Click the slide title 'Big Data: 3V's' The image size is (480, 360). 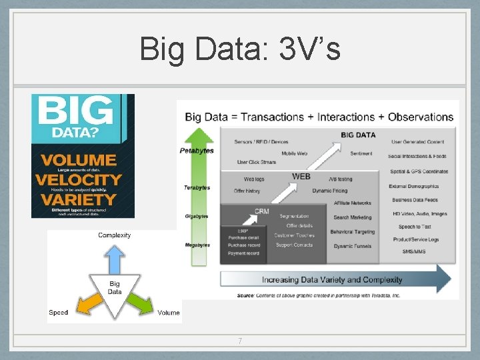pyautogui.click(x=240, y=49)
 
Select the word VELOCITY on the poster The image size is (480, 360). pyautogui.click(x=79, y=179)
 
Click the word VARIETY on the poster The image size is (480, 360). pyautogui.click(x=77, y=199)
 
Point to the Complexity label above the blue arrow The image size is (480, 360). pyautogui.click(x=115, y=235)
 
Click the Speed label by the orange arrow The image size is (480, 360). pyautogui.click(x=59, y=313)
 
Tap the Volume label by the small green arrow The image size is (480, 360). pyautogui.click(x=169, y=313)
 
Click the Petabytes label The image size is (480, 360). pyautogui.click(x=197, y=151)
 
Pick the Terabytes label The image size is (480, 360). pyautogui.click(x=197, y=188)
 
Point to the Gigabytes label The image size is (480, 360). pyautogui.click(x=197, y=217)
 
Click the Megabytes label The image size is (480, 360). pyautogui.click(x=197, y=245)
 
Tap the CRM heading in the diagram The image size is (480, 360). pyautogui.click(x=262, y=211)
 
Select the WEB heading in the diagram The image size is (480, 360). pyautogui.click(x=301, y=177)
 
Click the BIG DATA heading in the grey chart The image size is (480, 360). pyautogui.click(x=358, y=135)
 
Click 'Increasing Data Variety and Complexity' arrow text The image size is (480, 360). pyautogui.click(x=332, y=279)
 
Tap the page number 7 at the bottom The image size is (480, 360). pyautogui.click(x=240, y=341)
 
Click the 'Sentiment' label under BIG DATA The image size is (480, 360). pyautogui.click(x=361, y=153)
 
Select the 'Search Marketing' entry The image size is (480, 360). pyautogui.click(x=353, y=217)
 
